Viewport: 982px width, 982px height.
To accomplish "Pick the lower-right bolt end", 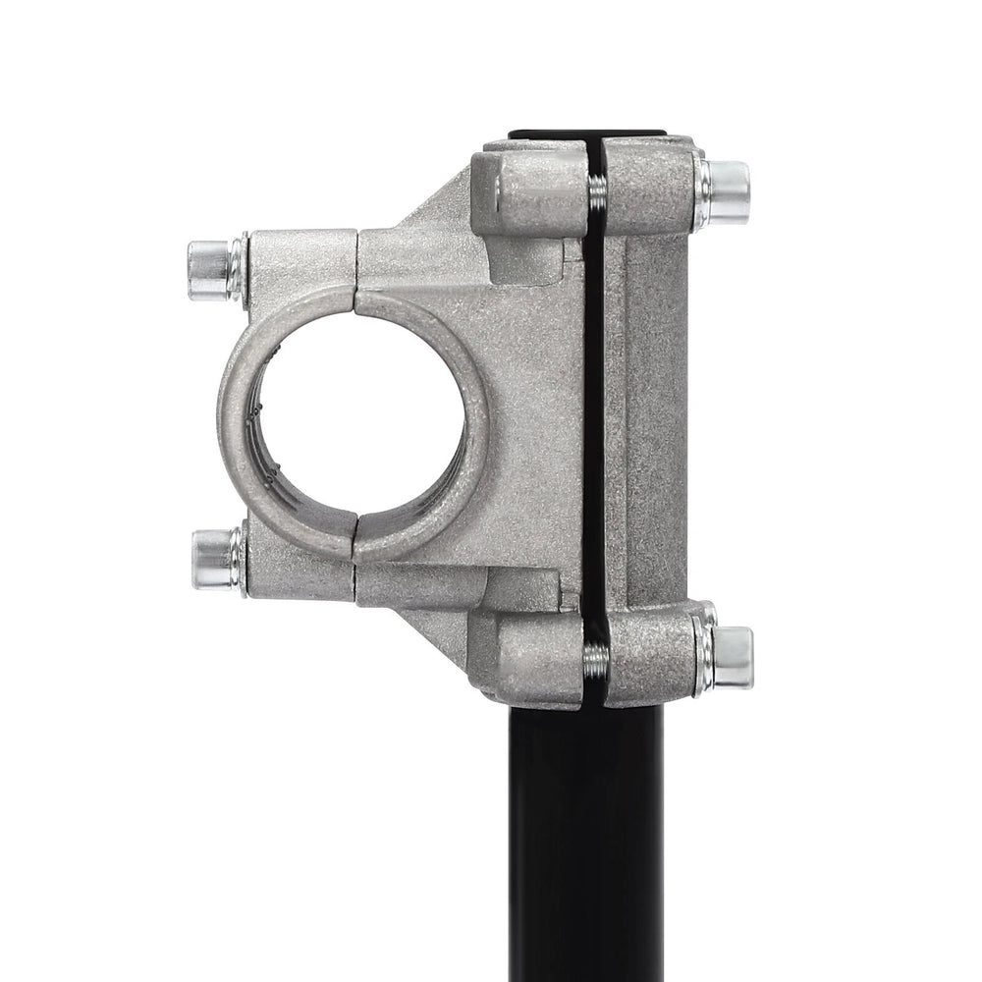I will (x=733, y=656).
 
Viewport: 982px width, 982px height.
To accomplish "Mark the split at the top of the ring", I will (x=355, y=291).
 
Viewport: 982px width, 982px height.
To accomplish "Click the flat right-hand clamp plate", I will (x=653, y=422).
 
